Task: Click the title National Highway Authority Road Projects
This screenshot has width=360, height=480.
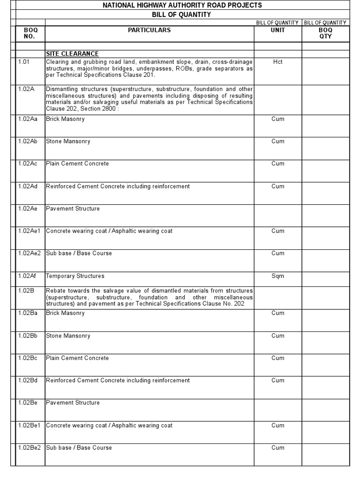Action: (182, 5)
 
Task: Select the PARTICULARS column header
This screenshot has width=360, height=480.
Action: (150, 30)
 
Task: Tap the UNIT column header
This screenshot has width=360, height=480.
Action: (278, 30)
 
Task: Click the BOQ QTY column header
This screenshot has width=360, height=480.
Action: (325, 33)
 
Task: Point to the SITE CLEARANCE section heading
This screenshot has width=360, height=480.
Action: (72, 54)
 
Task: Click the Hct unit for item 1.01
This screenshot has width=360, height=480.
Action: (278, 62)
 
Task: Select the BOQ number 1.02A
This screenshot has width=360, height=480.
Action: (26, 89)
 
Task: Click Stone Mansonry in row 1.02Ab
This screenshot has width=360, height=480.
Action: (68, 142)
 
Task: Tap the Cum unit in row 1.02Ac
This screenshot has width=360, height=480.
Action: (278, 164)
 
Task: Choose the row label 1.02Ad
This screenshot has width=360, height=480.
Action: (28, 186)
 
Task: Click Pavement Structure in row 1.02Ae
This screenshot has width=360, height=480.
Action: (73, 209)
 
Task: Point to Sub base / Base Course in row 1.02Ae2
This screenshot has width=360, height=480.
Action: (79, 254)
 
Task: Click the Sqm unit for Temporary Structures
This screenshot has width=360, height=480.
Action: (278, 276)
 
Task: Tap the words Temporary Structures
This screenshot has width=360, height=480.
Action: (75, 276)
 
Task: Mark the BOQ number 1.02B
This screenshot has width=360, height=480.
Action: (26, 291)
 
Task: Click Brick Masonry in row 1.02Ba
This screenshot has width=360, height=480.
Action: (65, 313)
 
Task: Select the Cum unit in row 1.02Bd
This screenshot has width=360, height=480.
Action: (278, 381)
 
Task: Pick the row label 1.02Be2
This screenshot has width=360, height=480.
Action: (29, 448)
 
